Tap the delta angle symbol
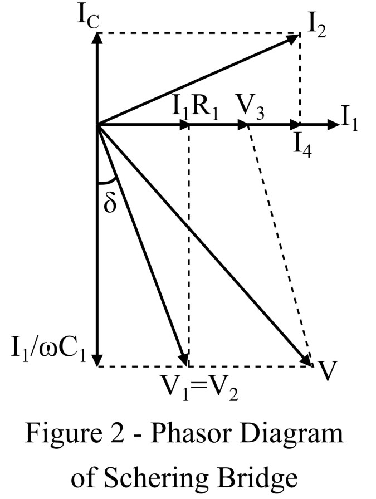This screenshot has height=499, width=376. pyautogui.click(x=111, y=203)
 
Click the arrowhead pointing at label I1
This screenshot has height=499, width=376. pyautogui.click(x=333, y=124)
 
